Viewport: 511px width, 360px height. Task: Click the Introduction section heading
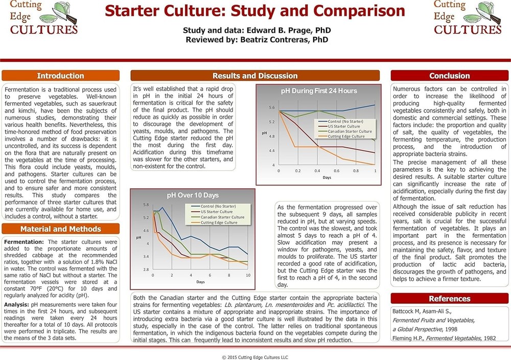pos(61,76)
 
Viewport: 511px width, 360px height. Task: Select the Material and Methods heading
pos(61,229)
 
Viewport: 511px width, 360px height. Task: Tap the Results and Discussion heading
pos(255,76)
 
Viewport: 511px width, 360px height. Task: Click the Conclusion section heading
pos(449,76)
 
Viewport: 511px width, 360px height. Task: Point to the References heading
pos(449,299)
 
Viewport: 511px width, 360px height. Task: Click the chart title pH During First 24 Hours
pos(319,91)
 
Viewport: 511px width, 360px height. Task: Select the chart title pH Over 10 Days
pos(193,195)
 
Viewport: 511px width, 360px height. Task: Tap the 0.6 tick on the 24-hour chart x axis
pos(337,171)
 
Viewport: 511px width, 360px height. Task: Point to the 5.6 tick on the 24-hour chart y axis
pos(272,107)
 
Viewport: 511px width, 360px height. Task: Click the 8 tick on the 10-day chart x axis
pos(229,275)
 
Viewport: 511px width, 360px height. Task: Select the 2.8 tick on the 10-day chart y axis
pos(146,269)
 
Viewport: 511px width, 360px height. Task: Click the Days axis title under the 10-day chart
pos(200,282)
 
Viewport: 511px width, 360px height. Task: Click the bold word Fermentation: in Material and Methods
pos(24,242)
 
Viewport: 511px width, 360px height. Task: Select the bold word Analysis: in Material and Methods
pos(17,305)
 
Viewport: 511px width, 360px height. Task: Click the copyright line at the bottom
pos(255,357)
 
